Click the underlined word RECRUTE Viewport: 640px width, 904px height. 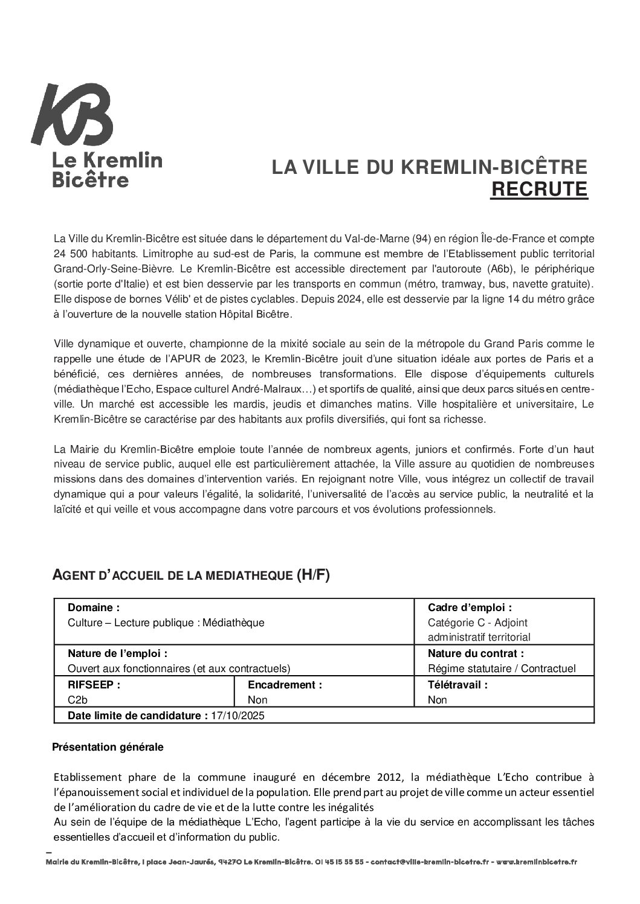click(x=538, y=189)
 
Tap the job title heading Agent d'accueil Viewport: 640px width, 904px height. click(x=191, y=575)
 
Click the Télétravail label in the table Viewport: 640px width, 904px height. click(x=457, y=685)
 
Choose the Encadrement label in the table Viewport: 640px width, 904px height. click(x=285, y=685)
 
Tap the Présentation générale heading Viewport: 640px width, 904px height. click(x=108, y=747)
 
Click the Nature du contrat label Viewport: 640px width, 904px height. click(x=475, y=653)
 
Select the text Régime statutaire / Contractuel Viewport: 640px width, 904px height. click(x=501, y=668)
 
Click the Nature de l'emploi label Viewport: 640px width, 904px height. click(x=117, y=653)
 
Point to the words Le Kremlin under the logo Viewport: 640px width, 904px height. click(x=108, y=161)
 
